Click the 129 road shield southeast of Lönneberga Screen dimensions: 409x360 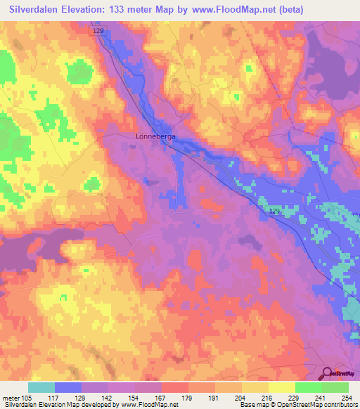click(275, 211)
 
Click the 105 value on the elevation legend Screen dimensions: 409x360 click(28, 397)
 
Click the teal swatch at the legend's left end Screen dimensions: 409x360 click(41, 387)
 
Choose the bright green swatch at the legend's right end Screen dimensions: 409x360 click(335, 387)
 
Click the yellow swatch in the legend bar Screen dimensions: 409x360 click(281, 387)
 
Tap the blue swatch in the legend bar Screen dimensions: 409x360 click(68, 387)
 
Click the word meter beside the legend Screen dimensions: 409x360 click(11, 397)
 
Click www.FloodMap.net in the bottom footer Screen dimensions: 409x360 click(148, 405)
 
